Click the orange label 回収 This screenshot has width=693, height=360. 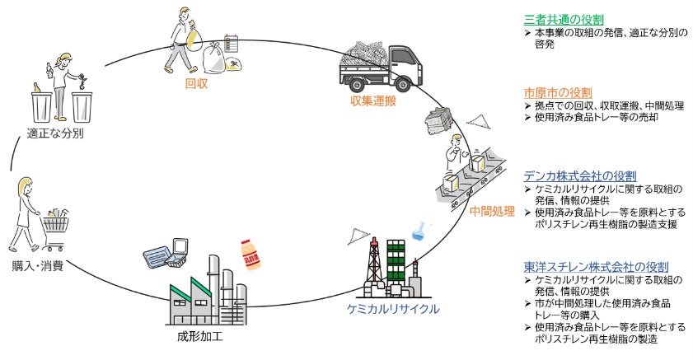point(195,82)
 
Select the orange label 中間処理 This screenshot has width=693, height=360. point(492,211)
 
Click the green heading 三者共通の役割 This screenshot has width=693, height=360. point(564,20)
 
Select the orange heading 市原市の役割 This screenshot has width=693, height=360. point(558,92)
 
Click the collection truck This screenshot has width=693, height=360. point(386,62)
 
